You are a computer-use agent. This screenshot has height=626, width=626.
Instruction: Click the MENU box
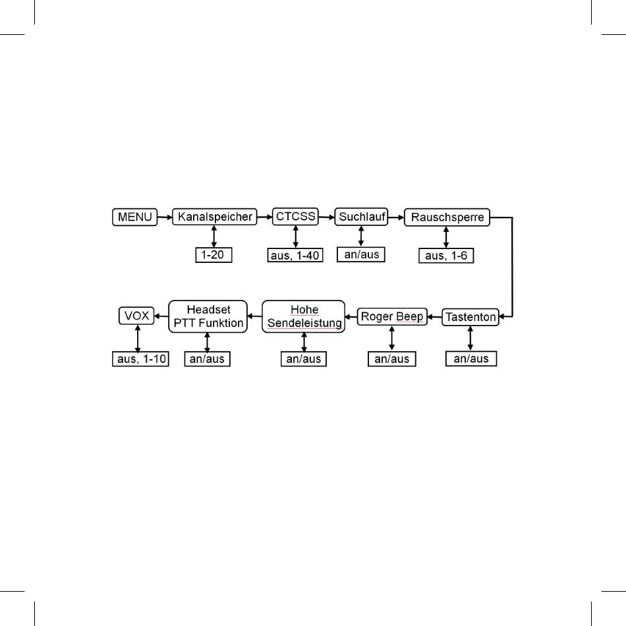point(135,217)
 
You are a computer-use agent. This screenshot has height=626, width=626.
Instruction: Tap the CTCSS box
point(295,216)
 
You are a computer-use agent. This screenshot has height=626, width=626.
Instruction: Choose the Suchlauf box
point(360,216)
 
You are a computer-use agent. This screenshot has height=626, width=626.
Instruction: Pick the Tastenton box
point(470,317)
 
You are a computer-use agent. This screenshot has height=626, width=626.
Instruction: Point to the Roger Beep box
point(392,316)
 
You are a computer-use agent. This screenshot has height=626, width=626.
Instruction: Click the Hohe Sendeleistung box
point(304,316)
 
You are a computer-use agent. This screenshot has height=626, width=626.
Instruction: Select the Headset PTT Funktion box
point(208,316)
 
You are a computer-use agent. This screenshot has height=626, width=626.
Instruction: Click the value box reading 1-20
point(214,255)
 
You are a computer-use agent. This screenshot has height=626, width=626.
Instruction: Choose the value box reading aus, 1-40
point(296,255)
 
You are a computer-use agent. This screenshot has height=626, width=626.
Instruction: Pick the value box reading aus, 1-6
point(446,255)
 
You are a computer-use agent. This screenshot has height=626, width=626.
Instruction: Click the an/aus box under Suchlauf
point(361,254)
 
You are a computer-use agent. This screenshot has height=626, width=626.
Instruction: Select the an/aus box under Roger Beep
point(392,360)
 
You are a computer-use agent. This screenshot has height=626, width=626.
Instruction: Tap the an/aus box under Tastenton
point(471,359)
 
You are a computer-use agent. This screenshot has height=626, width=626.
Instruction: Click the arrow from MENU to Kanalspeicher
point(165,217)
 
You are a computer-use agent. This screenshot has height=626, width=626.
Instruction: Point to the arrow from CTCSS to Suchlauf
point(326,216)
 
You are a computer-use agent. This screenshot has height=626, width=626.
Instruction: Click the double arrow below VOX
point(137,339)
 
